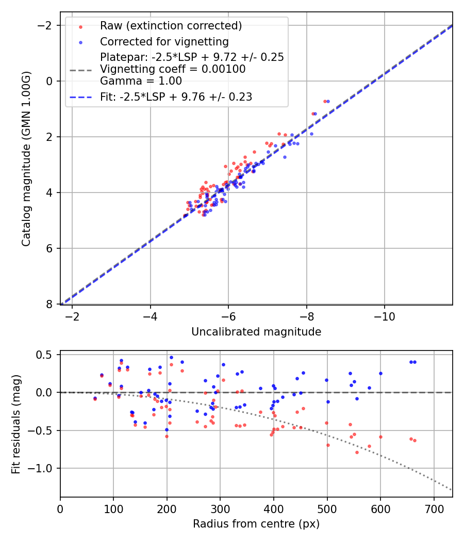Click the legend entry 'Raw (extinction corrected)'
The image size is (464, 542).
[x=171, y=26]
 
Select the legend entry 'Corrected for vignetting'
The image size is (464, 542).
[x=164, y=41]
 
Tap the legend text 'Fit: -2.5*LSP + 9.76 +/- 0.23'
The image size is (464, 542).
[x=176, y=97]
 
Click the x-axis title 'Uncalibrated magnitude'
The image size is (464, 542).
[x=256, y=332]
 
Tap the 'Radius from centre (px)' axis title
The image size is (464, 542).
[x=256, y=524]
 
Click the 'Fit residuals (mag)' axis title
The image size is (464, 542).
[x=16, y=424]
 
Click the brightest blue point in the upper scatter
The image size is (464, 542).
[x=328, y=101]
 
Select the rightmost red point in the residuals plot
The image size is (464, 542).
[x=415, y=440]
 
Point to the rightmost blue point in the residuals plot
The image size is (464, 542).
[x=415, y=362]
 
